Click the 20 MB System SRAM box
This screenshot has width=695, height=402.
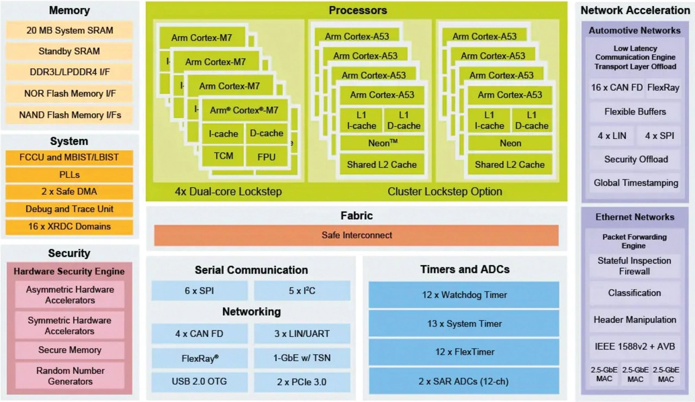[x=69, y=30]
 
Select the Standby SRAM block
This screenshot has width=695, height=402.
[x=69, y=52]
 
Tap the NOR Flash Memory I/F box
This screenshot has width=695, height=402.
[x=69, y=94]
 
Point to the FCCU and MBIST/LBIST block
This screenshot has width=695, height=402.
[x=69, y=158]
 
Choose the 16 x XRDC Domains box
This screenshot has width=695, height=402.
[x=69, y=227]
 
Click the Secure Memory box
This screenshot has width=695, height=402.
[x=69, y=350]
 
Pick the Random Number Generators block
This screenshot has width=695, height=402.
[x=69, y=376]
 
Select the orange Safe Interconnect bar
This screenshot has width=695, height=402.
[x=356, y=235]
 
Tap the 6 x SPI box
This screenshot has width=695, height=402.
[x=199, y=291]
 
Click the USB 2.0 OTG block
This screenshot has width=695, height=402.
[x=199, y=382]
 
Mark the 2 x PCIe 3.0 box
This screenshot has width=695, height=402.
[x=302, y=382]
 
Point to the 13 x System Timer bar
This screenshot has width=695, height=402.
[x=464, y=324]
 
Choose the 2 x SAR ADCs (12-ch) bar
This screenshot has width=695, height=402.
[x=464, y=381]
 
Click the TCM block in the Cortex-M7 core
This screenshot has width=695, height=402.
[x=223, y=156]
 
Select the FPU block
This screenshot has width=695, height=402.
[x=267, y=157]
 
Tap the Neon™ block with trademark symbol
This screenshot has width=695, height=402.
[x=382, y=143]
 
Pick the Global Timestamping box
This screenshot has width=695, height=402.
[x=635, y=183]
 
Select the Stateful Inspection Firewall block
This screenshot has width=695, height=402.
[x=634, y=266]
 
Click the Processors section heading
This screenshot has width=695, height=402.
[x=358, y=10]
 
